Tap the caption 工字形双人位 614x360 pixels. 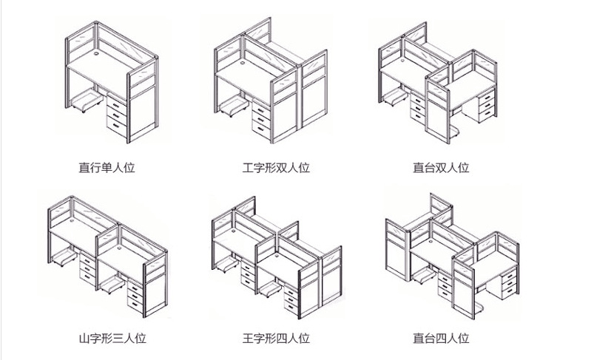pos(276,168)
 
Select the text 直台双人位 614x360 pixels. pos(441,168)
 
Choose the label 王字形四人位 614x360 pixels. pos(276,339)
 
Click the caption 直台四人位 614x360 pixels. pos(441,339)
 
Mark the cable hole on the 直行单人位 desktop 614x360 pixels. pos(98,54)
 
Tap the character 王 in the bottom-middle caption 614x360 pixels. pos(248,339)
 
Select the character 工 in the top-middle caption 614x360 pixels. pos(248,168)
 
